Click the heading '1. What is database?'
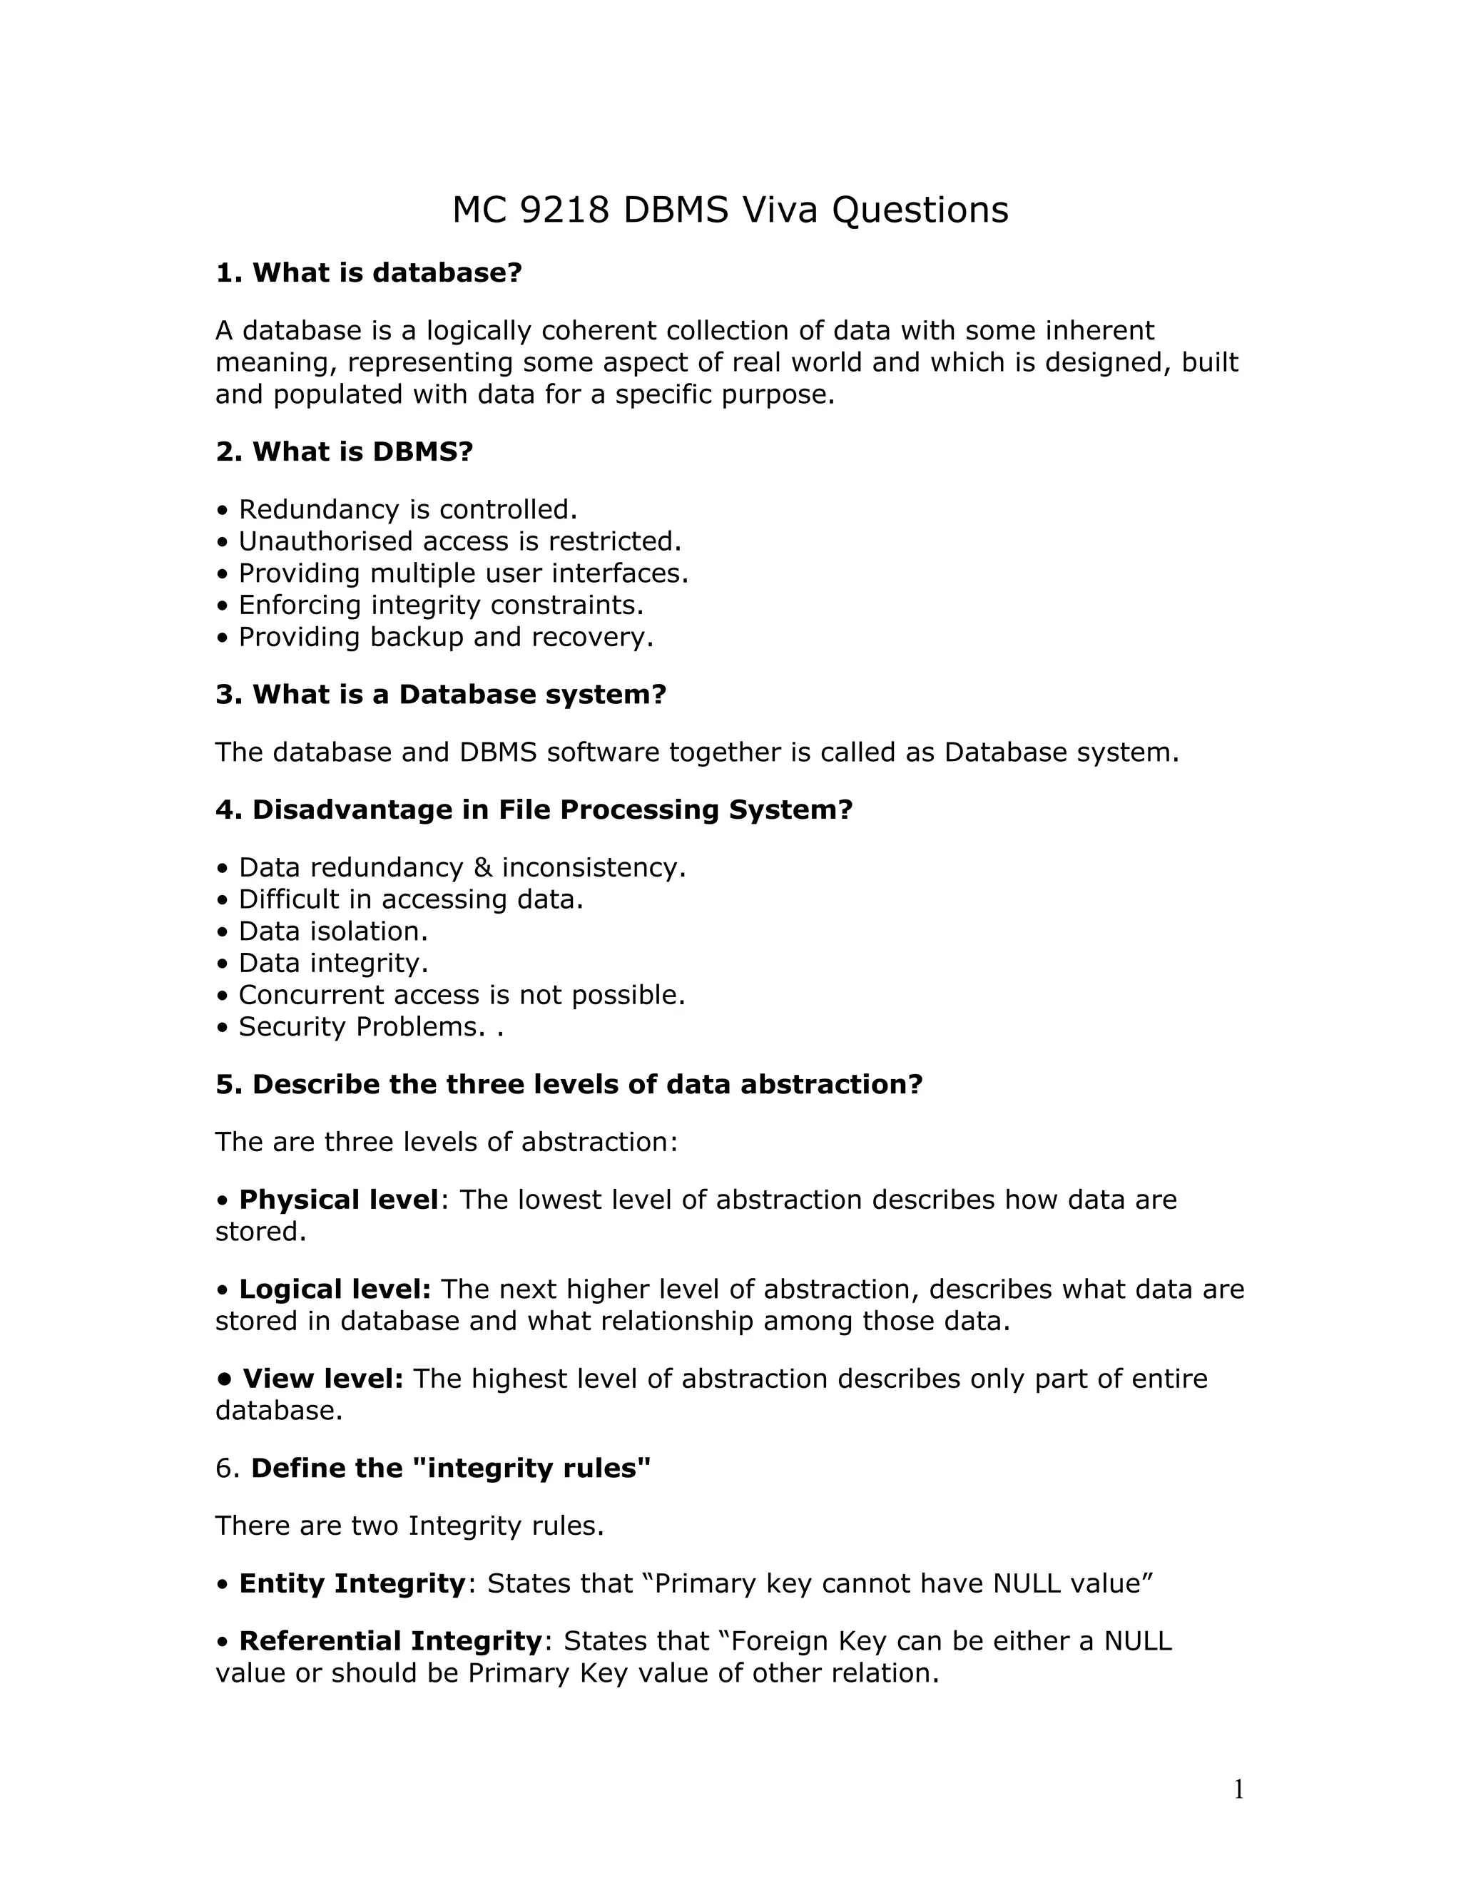(x=369, y=272)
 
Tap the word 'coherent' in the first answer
(x=599, y=331)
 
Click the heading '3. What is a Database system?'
(x=441, y=695)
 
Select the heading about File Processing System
(x=534, y=810)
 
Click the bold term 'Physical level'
(x=338, y=1200)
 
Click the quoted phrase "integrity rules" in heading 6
(x=526, y=1468)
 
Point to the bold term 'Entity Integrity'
(x=352, y=1583)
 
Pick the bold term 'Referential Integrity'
(x=390, y=1642)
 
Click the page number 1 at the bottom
(x=1238, y=1789)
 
